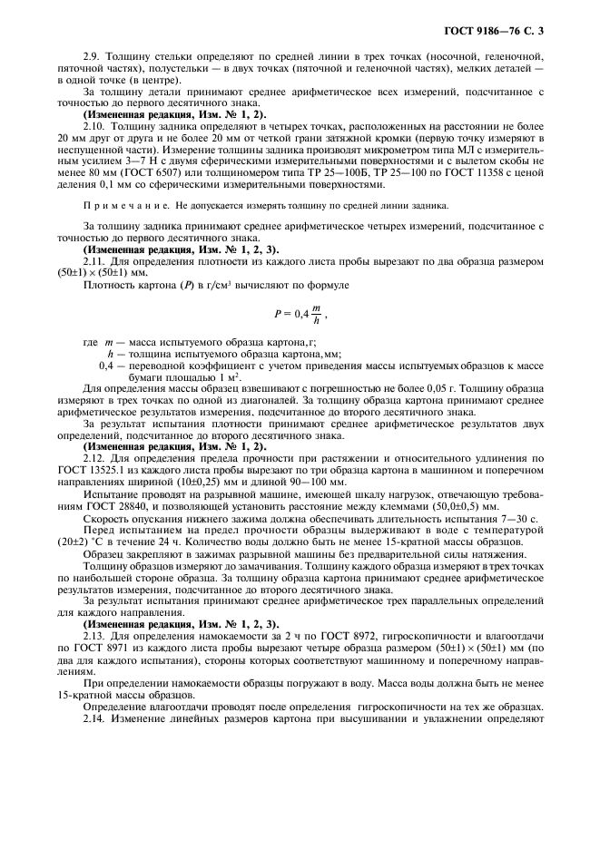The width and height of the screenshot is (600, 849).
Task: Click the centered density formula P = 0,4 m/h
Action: (299, 314)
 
